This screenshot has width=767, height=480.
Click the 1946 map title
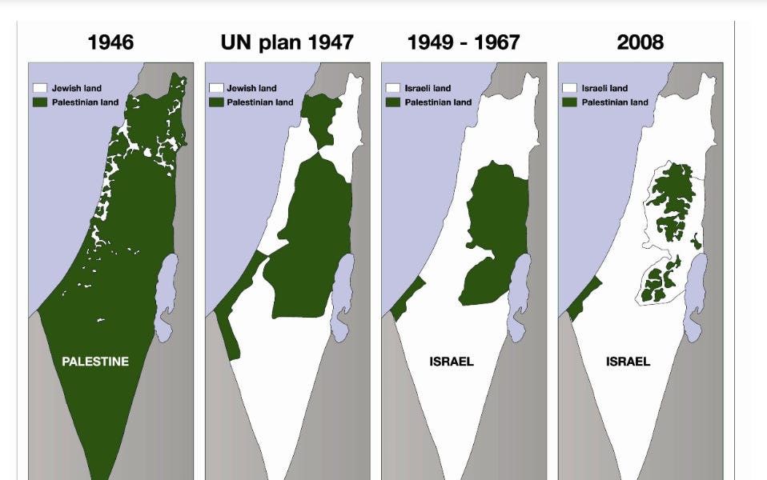pos(110,42)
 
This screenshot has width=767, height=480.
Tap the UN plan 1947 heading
pos(287,42)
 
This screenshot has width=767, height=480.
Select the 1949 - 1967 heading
pos(463,42)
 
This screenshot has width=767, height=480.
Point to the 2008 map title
pos(640,42)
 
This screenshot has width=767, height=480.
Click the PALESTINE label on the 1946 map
pos(95,362)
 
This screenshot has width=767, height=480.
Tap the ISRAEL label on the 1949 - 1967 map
pos(452,362)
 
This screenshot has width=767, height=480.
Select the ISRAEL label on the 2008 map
pos(628,362)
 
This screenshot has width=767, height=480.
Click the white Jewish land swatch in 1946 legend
pos(39,88)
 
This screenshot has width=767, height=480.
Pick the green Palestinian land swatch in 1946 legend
pos(39,102)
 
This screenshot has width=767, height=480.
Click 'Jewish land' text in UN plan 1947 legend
pos(251,88)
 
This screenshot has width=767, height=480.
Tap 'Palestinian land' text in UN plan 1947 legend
pos(259,102)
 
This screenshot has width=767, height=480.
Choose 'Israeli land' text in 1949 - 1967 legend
pos(428,88)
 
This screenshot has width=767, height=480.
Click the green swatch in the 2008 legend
pos(569,102)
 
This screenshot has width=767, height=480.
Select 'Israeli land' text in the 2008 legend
pos(604,88)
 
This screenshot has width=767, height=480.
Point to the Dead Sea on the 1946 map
pos(167,292)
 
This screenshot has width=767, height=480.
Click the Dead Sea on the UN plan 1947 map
pos(343,292)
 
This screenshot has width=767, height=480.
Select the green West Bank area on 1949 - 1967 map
pos(492,232)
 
